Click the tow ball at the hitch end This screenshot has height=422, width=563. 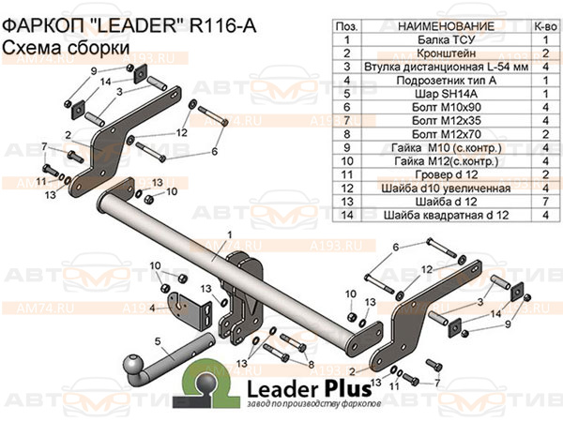132,362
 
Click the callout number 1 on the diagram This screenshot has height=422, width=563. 228,234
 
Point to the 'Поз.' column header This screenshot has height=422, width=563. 346,27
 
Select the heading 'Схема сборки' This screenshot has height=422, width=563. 53,48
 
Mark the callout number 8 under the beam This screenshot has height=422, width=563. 312,362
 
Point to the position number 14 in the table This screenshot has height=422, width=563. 346,215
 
